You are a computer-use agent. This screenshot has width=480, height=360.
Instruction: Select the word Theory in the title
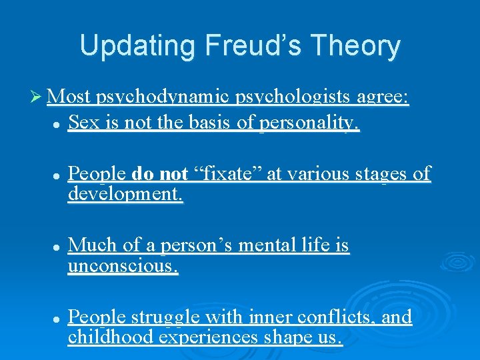362,46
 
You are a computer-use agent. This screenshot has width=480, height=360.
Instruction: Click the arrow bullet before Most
39,98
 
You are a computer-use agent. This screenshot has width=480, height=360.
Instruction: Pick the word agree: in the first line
382,98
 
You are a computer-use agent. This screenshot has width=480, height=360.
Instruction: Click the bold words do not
160,174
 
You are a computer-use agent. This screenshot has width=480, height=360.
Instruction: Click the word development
125,195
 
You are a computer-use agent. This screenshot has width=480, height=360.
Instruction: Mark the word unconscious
123,267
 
